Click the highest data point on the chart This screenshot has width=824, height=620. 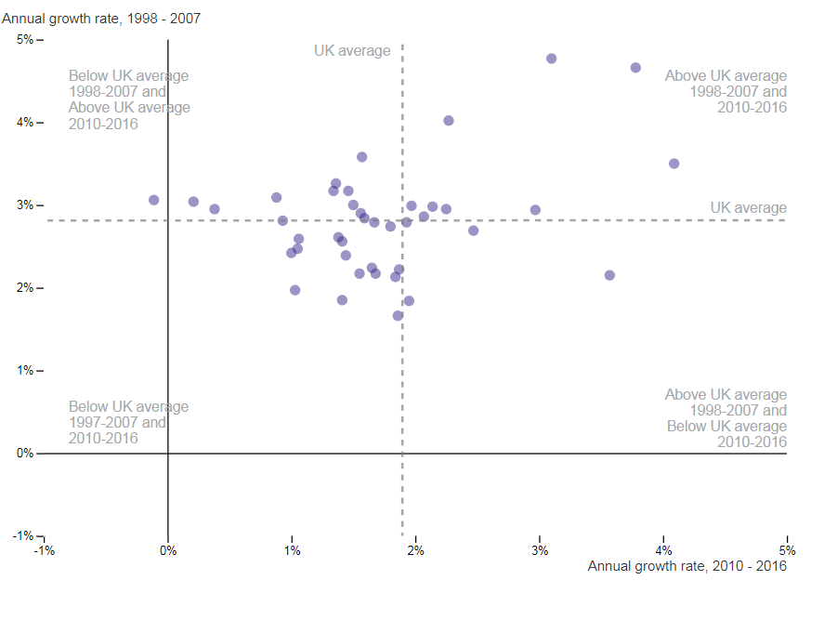[551, 59]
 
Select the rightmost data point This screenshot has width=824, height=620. [674, 164]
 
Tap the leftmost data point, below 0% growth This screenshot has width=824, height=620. [153, 200]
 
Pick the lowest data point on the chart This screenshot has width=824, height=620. [398, 316]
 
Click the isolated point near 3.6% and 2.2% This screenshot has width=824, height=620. [609, 275]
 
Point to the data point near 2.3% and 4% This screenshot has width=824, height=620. [449, 121]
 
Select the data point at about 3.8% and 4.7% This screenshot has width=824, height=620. [635, 68]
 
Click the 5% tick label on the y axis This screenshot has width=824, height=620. [24, 39]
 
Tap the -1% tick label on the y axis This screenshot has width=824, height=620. [22, 536]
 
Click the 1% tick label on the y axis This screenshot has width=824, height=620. [24, 371]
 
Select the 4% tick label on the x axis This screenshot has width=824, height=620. [663, 549]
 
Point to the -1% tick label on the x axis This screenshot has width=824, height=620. [44, 549]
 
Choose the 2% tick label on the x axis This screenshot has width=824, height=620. [415, 549]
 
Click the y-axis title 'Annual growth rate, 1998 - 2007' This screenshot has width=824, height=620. [101, 18]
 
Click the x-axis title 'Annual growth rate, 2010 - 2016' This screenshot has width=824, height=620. [687, 566]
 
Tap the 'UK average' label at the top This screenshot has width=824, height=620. [352, 51]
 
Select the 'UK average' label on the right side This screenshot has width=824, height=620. [748, 208]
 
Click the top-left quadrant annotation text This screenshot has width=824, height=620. [129, 99]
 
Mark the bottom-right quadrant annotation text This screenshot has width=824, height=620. [726, 418]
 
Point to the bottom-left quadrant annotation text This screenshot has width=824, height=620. [128, 423]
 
